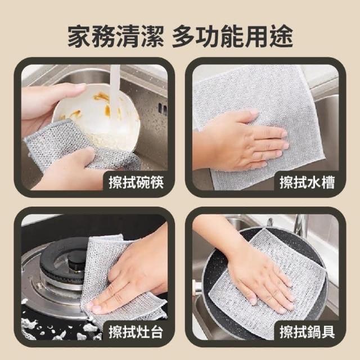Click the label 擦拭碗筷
(x=136, y=183)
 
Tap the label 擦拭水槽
(x=307, y=183)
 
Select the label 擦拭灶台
(x=136, y=332)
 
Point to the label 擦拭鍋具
(x=307, y=332)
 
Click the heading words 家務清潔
(x=116, y=37)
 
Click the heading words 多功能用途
(x=232, y=37)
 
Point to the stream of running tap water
(x=114, y=87)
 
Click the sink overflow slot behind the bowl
(x=161, y=107)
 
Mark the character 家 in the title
(x=79, y=37)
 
